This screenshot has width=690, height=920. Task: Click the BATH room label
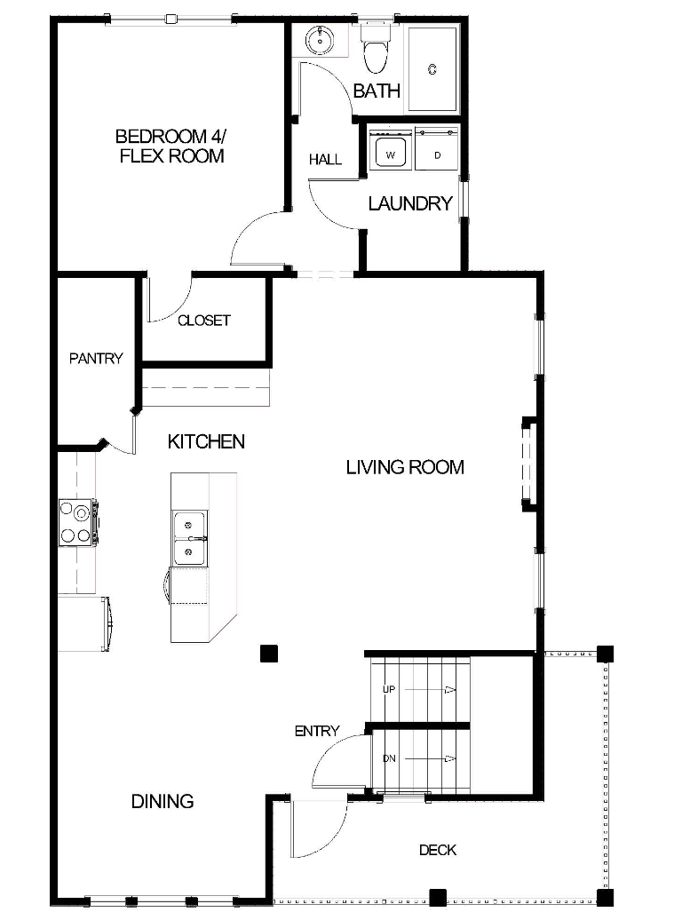(377, 91)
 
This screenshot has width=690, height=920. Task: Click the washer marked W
(390, 152)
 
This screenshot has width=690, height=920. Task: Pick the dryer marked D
(437, 152)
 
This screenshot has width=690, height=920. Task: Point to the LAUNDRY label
(410, 203)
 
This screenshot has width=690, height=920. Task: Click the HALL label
(325, 160)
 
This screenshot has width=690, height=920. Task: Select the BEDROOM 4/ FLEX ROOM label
(171, 146)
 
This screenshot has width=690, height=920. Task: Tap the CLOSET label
(204, 321)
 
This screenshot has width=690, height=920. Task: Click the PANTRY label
(96, 359)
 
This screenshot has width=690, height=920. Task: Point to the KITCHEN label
(206, 441)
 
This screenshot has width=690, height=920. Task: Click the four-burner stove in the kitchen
(78, 523)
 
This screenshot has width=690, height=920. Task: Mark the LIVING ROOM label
(405, 467)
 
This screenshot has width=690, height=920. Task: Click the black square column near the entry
(268, 654)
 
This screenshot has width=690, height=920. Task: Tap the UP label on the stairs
(389, 689)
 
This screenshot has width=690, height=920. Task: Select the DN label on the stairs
(389, 758)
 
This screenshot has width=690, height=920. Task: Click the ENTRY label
(317, 731)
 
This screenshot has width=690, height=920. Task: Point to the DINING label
(163, 801)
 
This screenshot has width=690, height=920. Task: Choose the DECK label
(438, 850)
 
